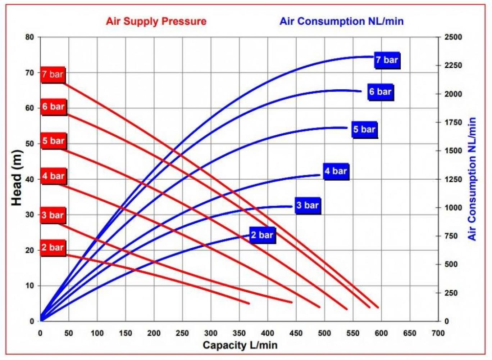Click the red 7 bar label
click(53, 75)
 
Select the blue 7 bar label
click(387, 60)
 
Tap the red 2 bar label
click(53, 248)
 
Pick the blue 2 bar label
click(262, 235)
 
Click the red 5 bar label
click(53, 141)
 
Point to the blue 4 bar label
click(336, 171)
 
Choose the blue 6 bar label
click(380, 92)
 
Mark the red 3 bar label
click(53, 215)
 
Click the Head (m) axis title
click(17, 178)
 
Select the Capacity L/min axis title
click(240, 345)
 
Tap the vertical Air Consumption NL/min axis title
click(472, 179)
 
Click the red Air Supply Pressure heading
click(156, 21)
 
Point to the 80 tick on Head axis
click(29, 37)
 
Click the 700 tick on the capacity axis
click(438, 333)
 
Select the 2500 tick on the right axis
click(453, 37)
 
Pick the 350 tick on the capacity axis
click(239, 333)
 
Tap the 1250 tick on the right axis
click(453, 179)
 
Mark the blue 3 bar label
click(307, 206)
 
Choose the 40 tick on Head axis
click(29, 179)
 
